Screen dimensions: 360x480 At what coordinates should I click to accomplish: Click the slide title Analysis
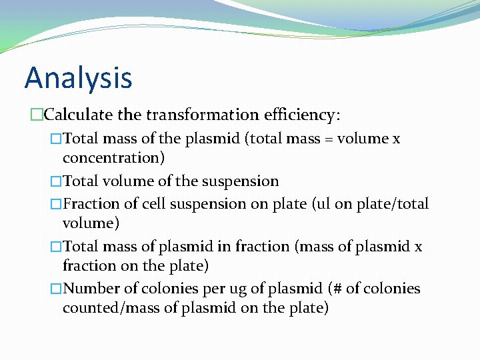coord(78,78)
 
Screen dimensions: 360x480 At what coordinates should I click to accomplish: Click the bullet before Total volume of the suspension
coord(56,181)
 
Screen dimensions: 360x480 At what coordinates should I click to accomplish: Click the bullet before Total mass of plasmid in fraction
coord(56,247)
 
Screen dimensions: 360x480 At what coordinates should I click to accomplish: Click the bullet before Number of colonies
coord(56,289)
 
